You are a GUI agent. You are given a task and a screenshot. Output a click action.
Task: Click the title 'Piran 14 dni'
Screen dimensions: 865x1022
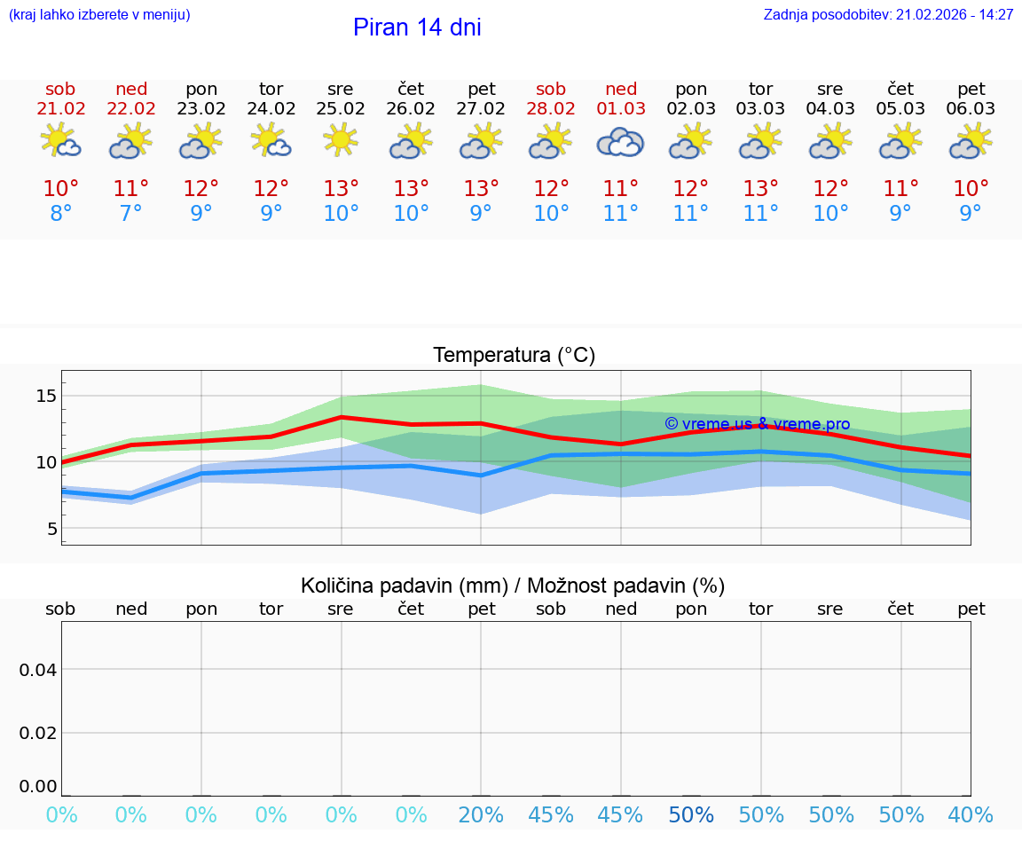[417, 28]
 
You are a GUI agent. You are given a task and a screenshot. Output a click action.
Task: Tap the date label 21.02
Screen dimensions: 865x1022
[61, 108]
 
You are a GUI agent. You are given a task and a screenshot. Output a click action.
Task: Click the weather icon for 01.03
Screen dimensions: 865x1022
[621, 142]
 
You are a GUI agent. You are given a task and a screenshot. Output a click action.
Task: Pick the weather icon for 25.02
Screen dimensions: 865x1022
[341, 140]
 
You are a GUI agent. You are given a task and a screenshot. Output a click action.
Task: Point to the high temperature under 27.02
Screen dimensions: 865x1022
[481, 188]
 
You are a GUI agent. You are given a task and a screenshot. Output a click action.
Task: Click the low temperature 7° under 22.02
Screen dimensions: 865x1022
[131, 214]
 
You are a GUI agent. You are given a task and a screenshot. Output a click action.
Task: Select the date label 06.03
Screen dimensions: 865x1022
[971, 108]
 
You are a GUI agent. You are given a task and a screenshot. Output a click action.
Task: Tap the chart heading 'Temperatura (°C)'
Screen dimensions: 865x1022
[514, 356]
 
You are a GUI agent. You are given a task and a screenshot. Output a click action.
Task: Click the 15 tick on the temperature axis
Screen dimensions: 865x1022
[46, 396]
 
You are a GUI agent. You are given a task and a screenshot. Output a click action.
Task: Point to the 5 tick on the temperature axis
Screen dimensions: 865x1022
[51, 529]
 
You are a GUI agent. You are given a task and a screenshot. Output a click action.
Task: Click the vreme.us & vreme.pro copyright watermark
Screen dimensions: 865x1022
[757, 424]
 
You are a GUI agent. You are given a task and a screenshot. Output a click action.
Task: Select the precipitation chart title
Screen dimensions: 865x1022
[513, 586]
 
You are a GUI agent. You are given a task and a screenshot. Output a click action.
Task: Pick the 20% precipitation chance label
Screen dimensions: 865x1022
[481, 815]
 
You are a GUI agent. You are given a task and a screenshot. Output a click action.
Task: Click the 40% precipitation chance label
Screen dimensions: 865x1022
[971, 815]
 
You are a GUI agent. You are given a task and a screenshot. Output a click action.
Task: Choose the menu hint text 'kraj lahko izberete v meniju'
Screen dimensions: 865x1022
[99, 14]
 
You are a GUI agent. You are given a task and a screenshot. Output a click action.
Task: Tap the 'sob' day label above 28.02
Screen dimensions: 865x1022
[551, 89]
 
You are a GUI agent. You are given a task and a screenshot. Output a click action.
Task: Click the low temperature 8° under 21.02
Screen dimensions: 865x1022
[61, 214]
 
